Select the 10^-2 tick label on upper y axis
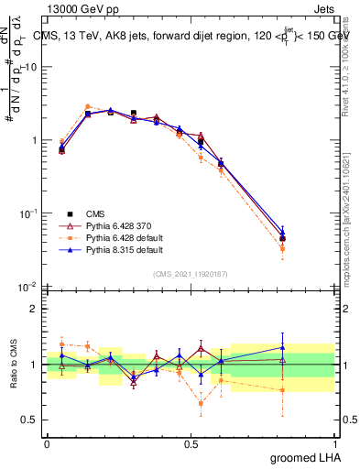[x=28, y=287]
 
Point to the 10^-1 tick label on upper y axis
[x=28, y=213]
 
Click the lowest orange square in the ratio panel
[x=201, y=403]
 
